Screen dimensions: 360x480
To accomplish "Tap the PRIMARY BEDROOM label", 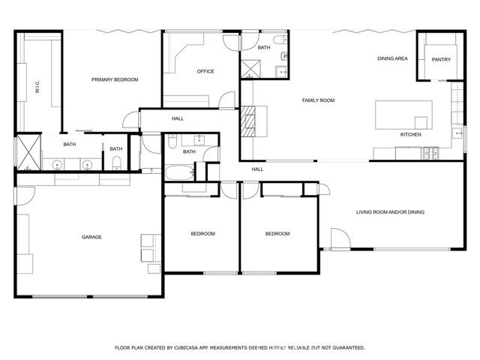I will pos(115,79).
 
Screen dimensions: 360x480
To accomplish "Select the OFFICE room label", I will pos(205,72).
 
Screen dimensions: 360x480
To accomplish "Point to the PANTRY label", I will pos(441,59).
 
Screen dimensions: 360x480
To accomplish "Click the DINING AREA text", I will pos(392,58).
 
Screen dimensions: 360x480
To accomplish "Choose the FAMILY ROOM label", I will pos(318,100).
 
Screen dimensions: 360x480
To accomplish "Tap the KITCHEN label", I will pos(410,135).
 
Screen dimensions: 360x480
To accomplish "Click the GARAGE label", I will pos(91,237).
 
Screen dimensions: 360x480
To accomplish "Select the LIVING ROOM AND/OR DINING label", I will pos(390,212).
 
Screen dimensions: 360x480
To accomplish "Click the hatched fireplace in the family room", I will pos(248,119).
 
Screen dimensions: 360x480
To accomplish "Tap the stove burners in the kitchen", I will pos(431,154).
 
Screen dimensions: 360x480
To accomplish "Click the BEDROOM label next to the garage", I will pos(202,234).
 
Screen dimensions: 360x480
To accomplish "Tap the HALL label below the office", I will pos(178,118).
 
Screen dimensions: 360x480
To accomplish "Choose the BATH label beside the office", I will pos(264,48).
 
